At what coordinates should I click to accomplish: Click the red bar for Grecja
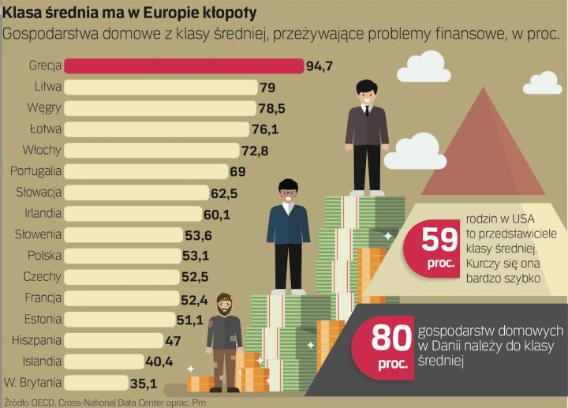183,66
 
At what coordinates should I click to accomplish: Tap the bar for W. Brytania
96,383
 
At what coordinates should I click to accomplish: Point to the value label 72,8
258,150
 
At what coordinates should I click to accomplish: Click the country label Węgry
46,108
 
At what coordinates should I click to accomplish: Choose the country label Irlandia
39,214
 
